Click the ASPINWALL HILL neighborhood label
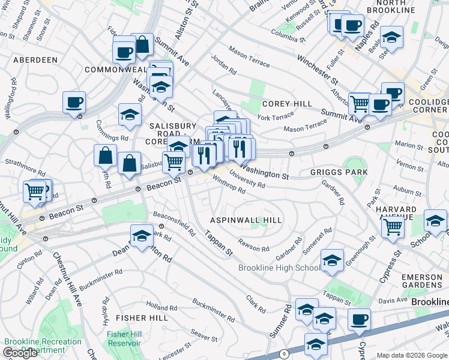coord(246,221)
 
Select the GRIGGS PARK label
coord(339,172)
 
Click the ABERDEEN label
coord(35,60)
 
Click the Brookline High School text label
coord(279,268)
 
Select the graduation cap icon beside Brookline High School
coord(332,260)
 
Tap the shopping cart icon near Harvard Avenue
coord(393,227)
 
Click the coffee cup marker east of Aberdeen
coord(74,103)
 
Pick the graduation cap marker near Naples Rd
coord(391,38)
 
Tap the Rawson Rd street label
coord(253,245)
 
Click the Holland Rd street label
coord(160,308)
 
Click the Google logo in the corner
coord(20,353)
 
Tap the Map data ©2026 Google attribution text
coord(412,355)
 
